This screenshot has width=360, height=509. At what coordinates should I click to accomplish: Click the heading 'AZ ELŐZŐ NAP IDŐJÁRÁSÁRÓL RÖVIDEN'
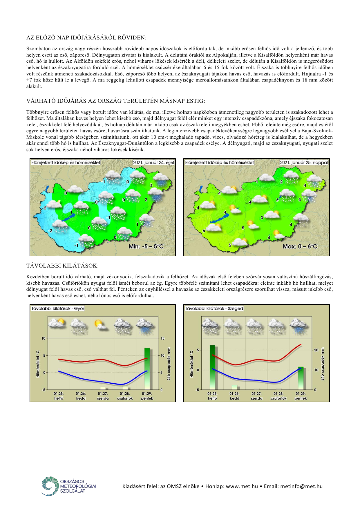point(86,38)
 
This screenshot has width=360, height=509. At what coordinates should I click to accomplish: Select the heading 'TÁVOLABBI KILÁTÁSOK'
point(62,266)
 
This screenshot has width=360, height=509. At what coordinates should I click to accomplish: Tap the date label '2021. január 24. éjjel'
point(153,163)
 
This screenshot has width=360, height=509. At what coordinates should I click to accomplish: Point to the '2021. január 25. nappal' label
point(304,163)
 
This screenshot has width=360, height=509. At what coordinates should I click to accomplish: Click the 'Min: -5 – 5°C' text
point(146,246)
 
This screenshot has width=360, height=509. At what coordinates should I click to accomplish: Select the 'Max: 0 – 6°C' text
point(300,246)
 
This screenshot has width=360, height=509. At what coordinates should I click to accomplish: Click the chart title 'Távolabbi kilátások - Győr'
point(58,308)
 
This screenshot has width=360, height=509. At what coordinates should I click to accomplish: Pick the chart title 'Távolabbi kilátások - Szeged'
point(214,308)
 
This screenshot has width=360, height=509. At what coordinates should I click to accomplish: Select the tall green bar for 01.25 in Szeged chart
point(213,367)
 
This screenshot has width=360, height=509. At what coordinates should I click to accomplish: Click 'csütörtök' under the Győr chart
point(125,398)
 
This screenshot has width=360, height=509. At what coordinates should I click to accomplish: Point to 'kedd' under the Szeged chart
point(235,398)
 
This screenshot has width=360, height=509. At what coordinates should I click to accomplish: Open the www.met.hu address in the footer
point(242,486)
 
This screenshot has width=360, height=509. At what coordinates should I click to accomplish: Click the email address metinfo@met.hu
point(301,486)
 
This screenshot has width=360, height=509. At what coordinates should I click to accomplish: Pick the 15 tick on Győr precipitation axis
point(162,338)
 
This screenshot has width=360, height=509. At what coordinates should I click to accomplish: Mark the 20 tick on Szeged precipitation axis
point(316,350)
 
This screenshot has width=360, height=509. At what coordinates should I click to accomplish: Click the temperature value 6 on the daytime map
point(204,231)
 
